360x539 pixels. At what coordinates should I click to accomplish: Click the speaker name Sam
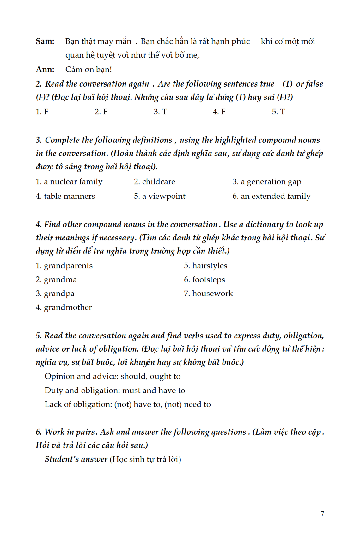point(45,41)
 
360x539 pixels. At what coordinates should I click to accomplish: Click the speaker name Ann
point(45,70)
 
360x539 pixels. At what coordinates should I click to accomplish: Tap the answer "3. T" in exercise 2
point(160,112)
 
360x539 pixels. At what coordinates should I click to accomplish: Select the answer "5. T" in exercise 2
point(278,112)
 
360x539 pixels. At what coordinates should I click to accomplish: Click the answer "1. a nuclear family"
point(69,182)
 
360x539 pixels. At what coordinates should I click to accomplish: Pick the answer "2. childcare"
point(154,182)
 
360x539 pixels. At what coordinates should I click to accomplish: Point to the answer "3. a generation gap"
point(267,182)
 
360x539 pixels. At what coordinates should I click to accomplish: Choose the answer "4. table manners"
point(65,196)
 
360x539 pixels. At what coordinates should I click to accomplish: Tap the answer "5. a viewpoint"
point(160,196)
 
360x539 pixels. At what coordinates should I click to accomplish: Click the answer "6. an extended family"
point(272,196)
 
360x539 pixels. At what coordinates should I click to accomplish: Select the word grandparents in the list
point(68,266)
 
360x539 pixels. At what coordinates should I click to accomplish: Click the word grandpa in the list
point(59,294)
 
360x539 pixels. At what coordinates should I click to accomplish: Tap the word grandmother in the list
point(68,307)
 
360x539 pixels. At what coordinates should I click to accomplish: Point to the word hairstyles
point(209,266)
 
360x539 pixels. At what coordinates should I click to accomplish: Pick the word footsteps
point(208,280)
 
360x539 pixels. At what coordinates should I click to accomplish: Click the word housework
point(212,294)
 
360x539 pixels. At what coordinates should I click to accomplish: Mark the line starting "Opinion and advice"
point(113,376)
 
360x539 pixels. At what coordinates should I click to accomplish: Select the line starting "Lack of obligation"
point(128,404)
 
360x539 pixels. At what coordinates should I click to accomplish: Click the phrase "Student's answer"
point(76,459)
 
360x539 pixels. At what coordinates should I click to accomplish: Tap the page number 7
point(322,514)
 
